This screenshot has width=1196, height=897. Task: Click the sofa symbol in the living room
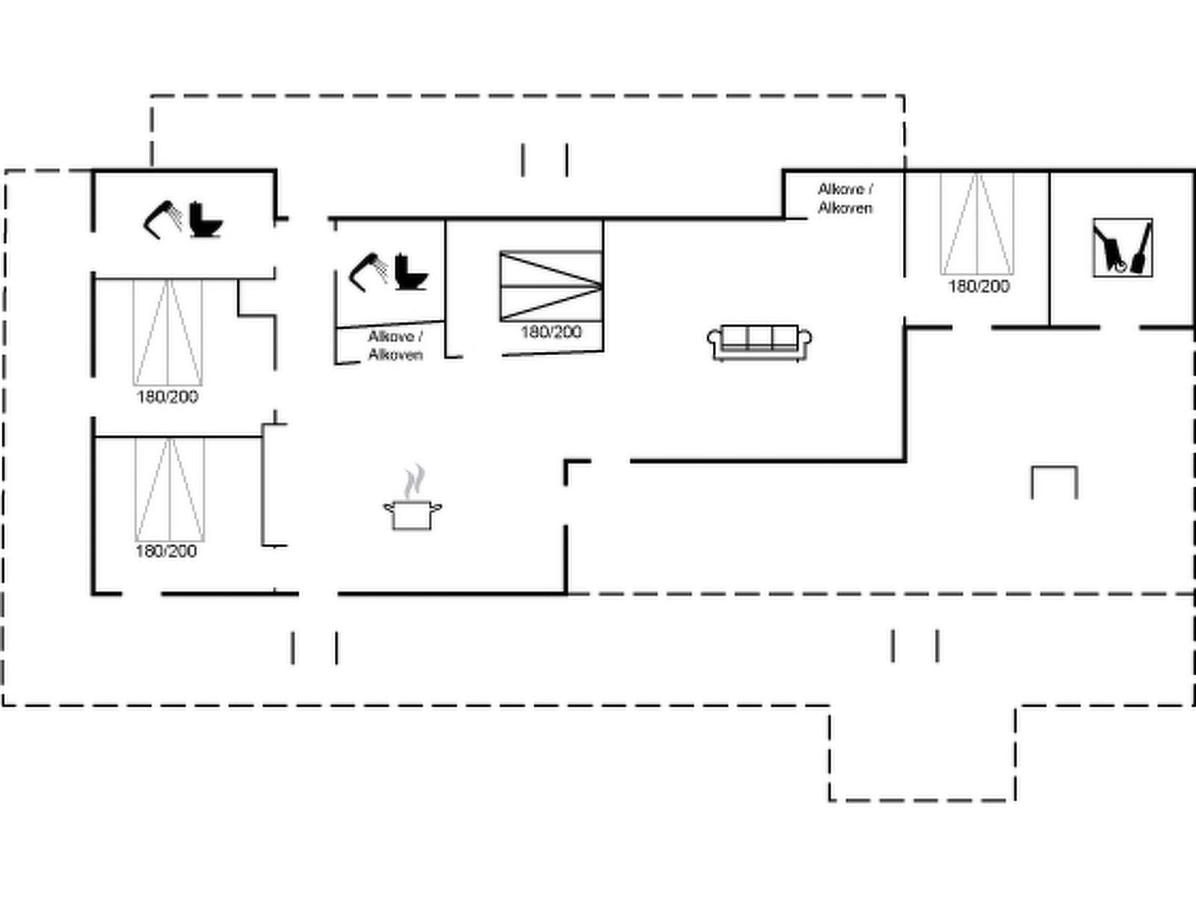pyautogui.click(x=759, y=342)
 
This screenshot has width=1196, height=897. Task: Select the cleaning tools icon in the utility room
pyautogui.click(x=1123, y=248)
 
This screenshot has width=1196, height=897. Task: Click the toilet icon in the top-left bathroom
pyautogui.click(x=206, y=220)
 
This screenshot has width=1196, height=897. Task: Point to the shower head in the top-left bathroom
pyautogui.click(x=162, y=220)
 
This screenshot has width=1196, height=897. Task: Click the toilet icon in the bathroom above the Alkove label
pyautogui.click(x=411, y=272)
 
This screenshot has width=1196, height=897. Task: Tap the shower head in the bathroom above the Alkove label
pyautogui.click(x=369, y=272)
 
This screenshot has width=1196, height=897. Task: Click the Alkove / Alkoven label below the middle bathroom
pyautogui.click(x=395, y=346)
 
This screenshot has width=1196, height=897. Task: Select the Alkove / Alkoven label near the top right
pyautogui.click(x=845, y=199)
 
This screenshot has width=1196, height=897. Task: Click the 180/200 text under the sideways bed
pyautogui.click(x=551, y=332)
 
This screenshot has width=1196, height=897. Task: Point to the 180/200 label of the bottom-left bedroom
pyautogui.click(x=166, y=551)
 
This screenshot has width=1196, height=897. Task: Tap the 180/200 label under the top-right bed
pyautogui.click(x=979, y=286)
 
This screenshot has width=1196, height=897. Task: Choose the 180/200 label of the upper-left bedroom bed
pyautogui.click(x=167, y=397)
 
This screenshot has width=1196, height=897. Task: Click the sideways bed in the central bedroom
pyautogui.click(x=551, y=286)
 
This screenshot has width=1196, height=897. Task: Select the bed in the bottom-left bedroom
pyautogui.click(x=170, y=489)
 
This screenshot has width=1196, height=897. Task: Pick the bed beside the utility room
pyautogui.click(x=977, y=224)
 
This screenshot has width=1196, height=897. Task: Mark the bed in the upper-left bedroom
pyautogui.click(x=168, y=332)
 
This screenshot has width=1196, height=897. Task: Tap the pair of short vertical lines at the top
pyautogui.click(x=545, y=160)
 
